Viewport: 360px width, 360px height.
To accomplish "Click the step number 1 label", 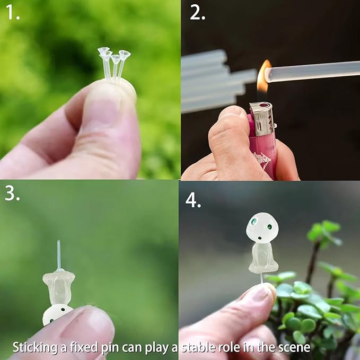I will [x=12, y=13].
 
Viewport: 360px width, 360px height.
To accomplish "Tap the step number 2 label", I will [x=197, y=13].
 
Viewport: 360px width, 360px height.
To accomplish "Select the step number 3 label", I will [x=12, y=194].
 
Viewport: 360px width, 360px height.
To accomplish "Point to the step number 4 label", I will [x=193, y=200].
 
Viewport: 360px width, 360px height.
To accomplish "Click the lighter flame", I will [x=263, y=77].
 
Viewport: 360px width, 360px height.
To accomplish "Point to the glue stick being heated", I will [x=313, y=72].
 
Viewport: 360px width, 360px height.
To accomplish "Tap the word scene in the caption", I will [x=295, y=347].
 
